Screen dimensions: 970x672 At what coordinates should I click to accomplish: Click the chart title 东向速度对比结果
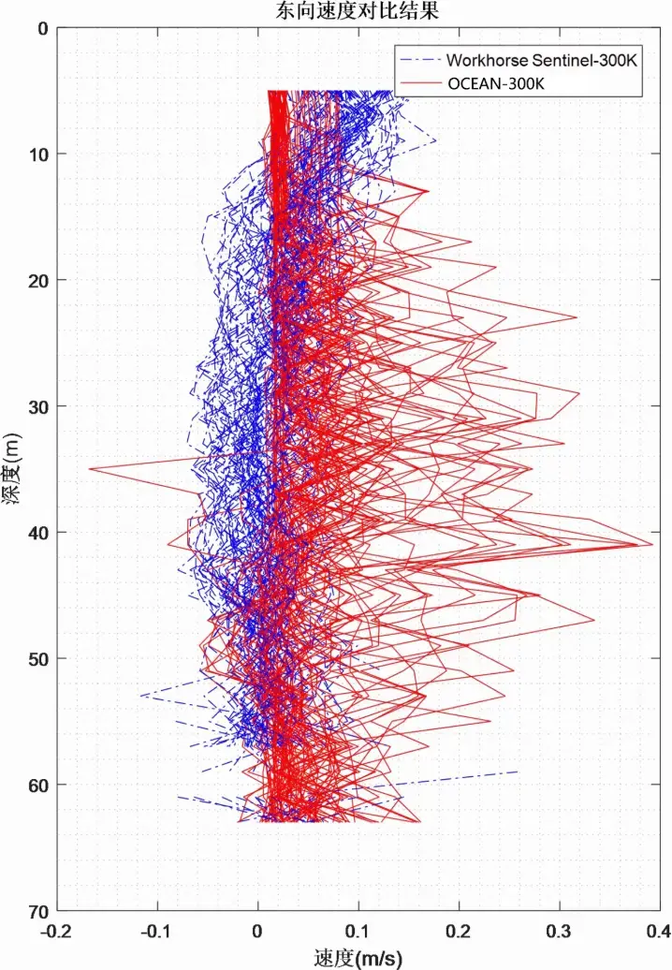click(335, 10)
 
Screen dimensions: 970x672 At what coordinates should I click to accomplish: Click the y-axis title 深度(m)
click(11, 468)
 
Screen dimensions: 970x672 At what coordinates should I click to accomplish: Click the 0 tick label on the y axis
click(41, 28)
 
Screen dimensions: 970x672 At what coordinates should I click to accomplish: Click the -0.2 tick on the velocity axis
click(57, 931)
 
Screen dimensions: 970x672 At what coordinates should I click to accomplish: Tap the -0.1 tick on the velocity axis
click(156, 931)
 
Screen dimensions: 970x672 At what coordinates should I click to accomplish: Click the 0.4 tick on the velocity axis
click(659, 931)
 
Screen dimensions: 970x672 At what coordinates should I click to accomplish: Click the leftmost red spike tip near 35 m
click(90, 468)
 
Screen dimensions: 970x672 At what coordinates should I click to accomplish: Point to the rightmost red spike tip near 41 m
click(651, 544)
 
